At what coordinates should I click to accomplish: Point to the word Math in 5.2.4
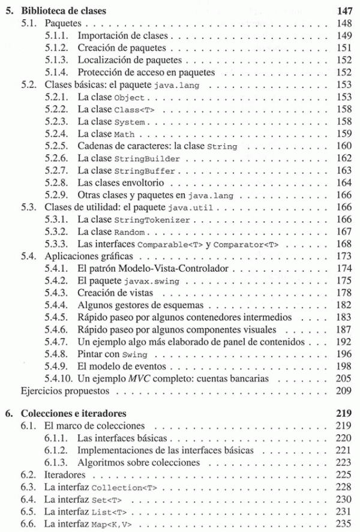coord(124,134)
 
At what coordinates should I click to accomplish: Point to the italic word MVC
coord(134,379)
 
